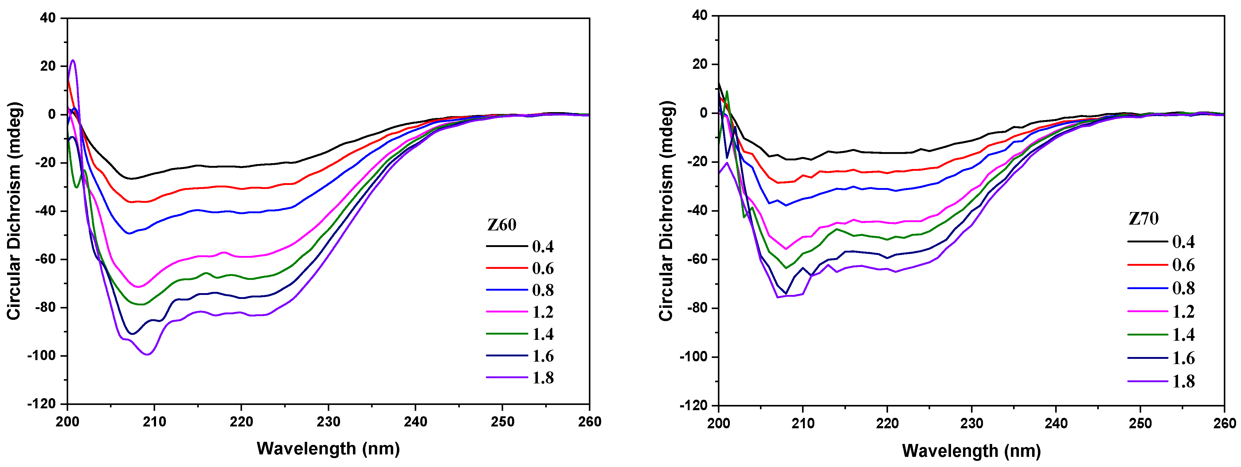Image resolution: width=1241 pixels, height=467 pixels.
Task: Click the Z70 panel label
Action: [x=1144, y=219]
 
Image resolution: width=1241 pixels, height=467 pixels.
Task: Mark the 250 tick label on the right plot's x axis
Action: [x=1140, y=424]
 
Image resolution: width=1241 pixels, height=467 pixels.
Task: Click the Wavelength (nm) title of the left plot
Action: [x=328, y=449]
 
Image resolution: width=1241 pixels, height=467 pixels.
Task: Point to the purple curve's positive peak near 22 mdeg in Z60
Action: [x=73, y=61]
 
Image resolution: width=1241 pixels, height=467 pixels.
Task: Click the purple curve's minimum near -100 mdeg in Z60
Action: [x=148, y=354]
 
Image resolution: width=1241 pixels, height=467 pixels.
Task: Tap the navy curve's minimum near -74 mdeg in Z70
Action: [x=786, y=293]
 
